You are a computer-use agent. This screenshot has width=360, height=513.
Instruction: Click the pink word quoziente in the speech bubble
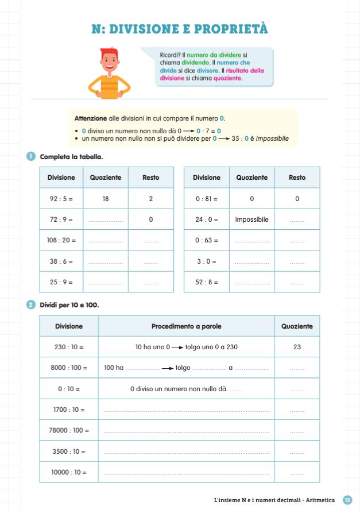(x=228, y=78)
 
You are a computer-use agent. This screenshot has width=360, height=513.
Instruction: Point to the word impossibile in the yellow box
(x=273, y=138)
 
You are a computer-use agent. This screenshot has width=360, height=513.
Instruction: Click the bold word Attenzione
(x=91, y=118)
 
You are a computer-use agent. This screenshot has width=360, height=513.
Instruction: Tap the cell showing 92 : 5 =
(x=61, y=199)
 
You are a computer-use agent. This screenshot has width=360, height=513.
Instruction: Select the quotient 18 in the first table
(x=106, y=199)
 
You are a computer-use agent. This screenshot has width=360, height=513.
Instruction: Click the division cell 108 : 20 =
(x=61, y=240)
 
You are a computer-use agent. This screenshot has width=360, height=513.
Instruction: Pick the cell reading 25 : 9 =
(x=61, y=282)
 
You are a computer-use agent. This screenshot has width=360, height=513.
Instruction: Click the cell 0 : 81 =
(x=207, y=199)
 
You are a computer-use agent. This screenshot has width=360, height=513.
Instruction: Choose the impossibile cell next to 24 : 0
(x=251, y=219)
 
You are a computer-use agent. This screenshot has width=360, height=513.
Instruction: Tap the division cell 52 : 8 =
(x=207, y=282)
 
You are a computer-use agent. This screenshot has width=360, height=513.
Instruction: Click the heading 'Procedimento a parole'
(x=186, y=326)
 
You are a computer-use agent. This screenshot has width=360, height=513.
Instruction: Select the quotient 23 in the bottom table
(x=297, y=347)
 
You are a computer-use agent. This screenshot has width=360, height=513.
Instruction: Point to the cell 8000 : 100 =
(x=69, y=368)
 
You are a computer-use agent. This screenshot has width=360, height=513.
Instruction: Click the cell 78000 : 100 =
(x=69, y=430)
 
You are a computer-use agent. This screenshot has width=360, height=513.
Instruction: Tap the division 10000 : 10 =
(x=69, y=472)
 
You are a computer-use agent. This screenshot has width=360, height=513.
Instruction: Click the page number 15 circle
(x=347, y=500)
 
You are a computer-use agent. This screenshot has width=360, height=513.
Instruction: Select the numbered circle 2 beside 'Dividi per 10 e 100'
(x=31, y=304)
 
